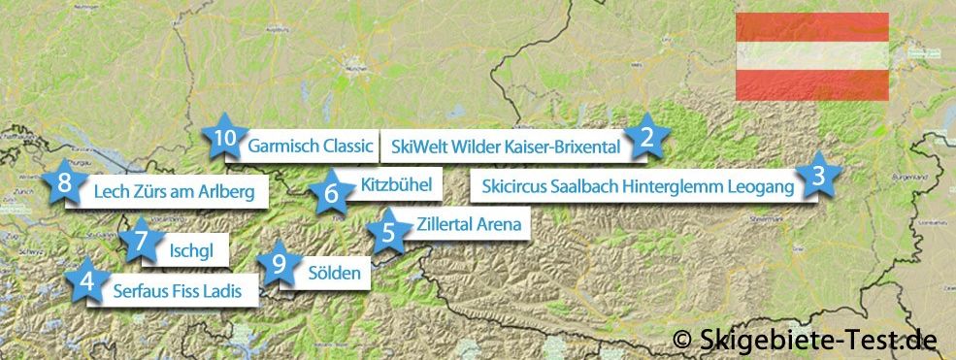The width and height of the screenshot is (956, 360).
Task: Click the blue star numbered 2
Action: [x=644, y=139]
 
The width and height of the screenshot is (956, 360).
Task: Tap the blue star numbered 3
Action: [x=818, y=176]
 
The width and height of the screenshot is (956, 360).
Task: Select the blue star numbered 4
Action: [x=88, y=282]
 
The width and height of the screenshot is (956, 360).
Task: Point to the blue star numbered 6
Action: [x=331, y=192]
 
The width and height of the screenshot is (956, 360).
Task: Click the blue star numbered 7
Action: [x=142, y=239]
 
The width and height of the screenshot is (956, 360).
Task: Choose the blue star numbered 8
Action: [x=64, y=182]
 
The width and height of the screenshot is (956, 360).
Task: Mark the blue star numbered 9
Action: [x=280, y=263]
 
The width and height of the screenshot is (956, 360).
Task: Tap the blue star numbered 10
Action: [x=224, y=140]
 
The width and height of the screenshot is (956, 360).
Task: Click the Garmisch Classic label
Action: [x=311, y=147]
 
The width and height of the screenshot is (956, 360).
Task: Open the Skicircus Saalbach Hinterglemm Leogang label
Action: [x=638, y=185]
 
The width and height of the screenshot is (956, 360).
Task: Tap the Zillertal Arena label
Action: [x=468, y=225]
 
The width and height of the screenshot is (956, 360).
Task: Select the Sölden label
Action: [x=333, y=273]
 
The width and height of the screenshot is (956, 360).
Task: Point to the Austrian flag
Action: [x=811, y=55]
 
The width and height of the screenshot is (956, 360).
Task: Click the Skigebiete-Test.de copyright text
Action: [x=806, y=339]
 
